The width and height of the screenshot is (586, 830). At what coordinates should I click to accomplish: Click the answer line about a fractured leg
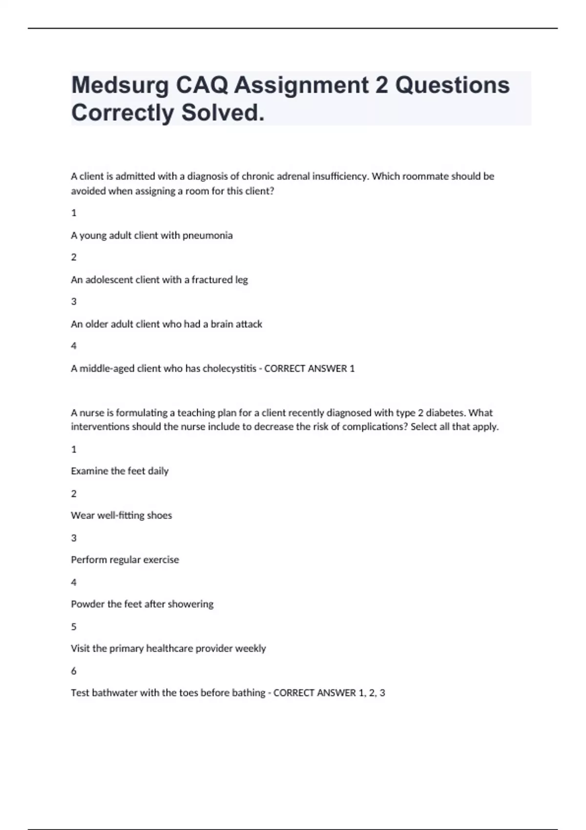point(159,280)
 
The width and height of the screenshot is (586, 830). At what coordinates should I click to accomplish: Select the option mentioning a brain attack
point(167,324)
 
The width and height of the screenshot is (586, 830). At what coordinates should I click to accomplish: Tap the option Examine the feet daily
point(120,471)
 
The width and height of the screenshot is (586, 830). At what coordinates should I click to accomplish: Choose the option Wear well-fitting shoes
point(122,516)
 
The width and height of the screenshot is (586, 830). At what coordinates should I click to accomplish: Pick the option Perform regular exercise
point(125,560)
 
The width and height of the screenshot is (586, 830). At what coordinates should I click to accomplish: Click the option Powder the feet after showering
point(142,604)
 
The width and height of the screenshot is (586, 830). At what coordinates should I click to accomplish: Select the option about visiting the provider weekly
point(168,649)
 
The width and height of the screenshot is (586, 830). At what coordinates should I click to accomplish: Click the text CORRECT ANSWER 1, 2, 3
point(329,693)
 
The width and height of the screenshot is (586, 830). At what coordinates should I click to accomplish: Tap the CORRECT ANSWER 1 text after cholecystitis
point(310,369)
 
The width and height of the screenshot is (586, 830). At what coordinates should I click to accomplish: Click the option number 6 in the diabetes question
point(74,671)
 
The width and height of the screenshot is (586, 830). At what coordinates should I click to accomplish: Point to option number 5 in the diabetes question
point(74,627)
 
